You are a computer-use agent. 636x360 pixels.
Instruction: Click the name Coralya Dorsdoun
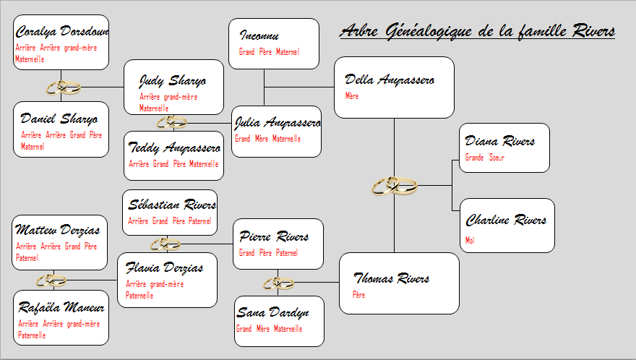click(x=62, y=31)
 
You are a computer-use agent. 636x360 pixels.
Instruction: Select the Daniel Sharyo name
click(x=59, y=119)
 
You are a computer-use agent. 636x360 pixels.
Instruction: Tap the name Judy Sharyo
click(x=173, y=81)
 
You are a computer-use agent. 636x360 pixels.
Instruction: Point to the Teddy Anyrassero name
click(x=174, y=147)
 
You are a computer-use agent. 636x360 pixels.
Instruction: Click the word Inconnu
click(x=259, y=35)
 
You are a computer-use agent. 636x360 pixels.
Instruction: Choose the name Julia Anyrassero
click(x=278, y=123)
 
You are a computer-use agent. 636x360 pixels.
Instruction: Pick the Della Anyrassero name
click(x=390, y=80)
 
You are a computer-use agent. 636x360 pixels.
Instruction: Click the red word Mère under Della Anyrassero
click(x=352, y=96)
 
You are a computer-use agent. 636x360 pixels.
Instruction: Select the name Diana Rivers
click(x=499, y=141)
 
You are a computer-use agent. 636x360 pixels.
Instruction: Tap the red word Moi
click(x=470, y=240)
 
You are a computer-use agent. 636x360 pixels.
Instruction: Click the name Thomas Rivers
click(x=392, y=278)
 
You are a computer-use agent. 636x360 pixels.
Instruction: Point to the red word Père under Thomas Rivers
click(x=358, y=295)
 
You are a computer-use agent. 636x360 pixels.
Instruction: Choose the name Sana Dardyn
click(x=272, y=312)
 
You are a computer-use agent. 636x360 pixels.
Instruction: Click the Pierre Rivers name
click(x=274, y=236)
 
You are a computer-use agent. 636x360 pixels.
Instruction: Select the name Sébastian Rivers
click(x=172, y=205)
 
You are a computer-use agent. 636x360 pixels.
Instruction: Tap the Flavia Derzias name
click(x=164, y=268)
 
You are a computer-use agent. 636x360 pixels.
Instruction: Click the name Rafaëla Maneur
click(x=61, y=307)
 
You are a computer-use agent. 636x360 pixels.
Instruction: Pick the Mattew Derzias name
click(x=57, y=230)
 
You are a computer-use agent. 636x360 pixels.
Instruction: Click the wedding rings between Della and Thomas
click(x=395, y=186)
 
